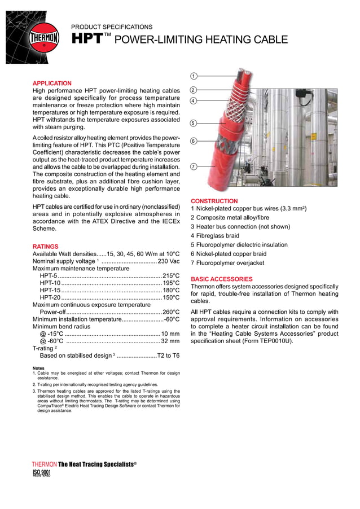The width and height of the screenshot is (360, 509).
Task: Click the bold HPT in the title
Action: click(x=86, y=39)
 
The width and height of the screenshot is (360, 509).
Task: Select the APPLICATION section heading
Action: click(x=52, y=83)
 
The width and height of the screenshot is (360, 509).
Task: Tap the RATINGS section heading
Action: click(x=45, y=247)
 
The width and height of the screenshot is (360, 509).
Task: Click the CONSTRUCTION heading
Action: click(x=214, y=201)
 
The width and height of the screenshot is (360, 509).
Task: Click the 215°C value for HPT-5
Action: click(x=171, y=275)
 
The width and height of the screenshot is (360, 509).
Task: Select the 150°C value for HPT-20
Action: click(x=171, y=297)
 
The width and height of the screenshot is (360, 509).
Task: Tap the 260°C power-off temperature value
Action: click(x=171, y=312)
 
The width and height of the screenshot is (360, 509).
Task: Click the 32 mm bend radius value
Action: click(x=170, y=341)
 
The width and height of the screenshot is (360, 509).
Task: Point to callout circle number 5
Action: click(x=193, y=123)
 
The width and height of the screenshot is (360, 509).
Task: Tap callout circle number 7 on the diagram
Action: click(x=193, y=166)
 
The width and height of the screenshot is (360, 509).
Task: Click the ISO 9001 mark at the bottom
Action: click(x=42, y=473)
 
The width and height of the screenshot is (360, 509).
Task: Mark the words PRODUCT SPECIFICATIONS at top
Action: click(x=112, y=27)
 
